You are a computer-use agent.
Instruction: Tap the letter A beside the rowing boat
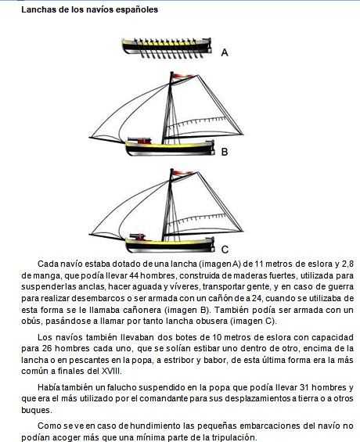pos(225,52)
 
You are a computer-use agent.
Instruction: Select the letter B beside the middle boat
pos(225,152)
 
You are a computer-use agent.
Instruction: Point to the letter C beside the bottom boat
pos(225,250)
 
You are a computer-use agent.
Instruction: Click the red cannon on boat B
pos(139,141)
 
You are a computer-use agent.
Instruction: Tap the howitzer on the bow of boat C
pos(138,237)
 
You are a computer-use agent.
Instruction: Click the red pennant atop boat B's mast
pos(182,76)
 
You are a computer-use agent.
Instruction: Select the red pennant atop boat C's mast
pos(182,173)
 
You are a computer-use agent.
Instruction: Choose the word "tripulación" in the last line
pos(234,437)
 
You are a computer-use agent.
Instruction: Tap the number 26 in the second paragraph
pos(47,348)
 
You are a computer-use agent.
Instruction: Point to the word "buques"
pos(37,410)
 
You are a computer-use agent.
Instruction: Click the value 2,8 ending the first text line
pos(347,264)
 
